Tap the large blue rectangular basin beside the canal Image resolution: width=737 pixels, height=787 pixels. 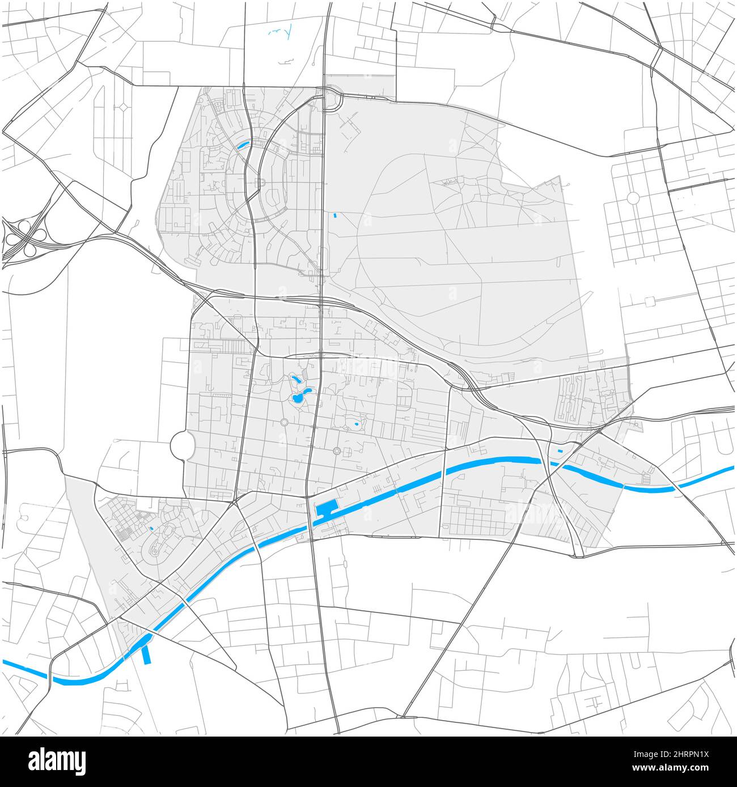[x=327, y=508]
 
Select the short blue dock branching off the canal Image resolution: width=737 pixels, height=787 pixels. [x=147, y=654]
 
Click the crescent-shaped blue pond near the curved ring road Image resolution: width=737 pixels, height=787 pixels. [x=244, y=144]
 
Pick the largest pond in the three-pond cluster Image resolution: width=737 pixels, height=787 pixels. [x=297, y=399]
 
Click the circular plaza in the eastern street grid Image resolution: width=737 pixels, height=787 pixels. [x=633, y=198]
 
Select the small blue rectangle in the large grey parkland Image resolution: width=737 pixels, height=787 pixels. [x=335, y=215]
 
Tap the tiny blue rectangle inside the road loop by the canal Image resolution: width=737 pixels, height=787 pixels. [x=561, y=450]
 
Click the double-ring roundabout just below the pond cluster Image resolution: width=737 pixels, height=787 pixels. [x=283, y=422]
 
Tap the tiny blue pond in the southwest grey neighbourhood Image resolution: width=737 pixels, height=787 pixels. [x=151, y=529]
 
